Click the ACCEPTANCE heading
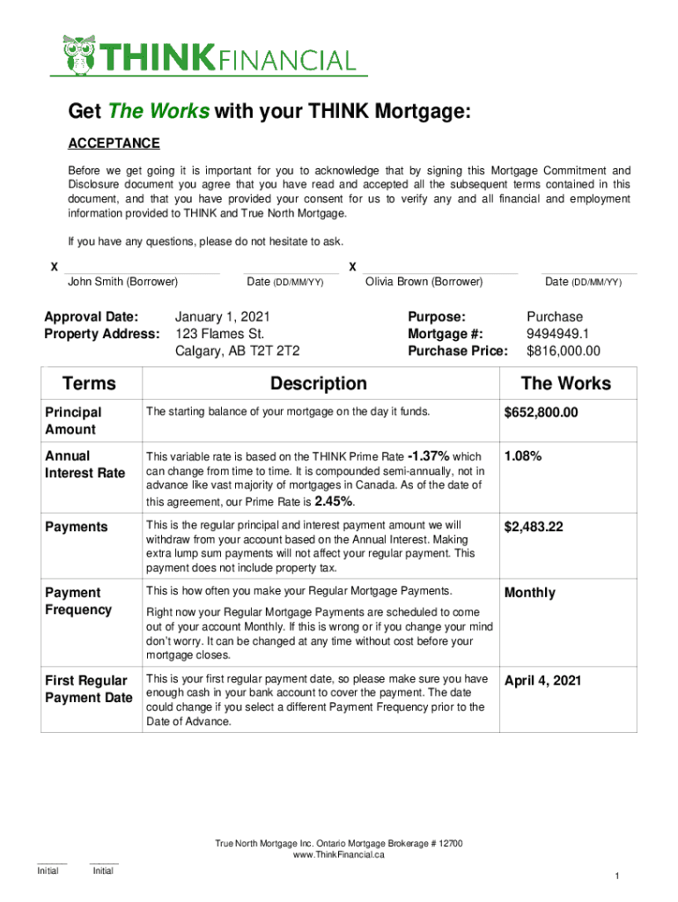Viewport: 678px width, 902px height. tap(114, 144)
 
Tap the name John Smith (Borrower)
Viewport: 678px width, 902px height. tap(123, 282)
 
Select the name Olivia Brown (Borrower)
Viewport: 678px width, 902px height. tap(424, 282)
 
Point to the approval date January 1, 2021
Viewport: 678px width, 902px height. tap(223, 316)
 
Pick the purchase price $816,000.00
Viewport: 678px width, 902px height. tap(563, 351)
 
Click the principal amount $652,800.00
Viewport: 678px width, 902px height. tap(541, 412)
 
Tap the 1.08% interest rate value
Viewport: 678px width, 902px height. tap(523, 456)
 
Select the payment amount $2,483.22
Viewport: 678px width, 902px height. tap(534, 527)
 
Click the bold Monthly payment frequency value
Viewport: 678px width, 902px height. tap(530, 593)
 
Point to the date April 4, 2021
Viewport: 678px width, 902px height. tap(542, 681)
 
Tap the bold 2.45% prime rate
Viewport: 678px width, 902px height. tap(333, 501)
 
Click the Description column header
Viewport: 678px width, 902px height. tap(319, 383)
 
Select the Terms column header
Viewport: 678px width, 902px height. tap(89, 383)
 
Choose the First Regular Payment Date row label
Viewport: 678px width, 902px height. tap(88, 689)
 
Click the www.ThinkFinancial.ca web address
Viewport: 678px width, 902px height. tap(339, 855)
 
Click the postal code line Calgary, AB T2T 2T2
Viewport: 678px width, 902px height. tap(238, 351)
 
